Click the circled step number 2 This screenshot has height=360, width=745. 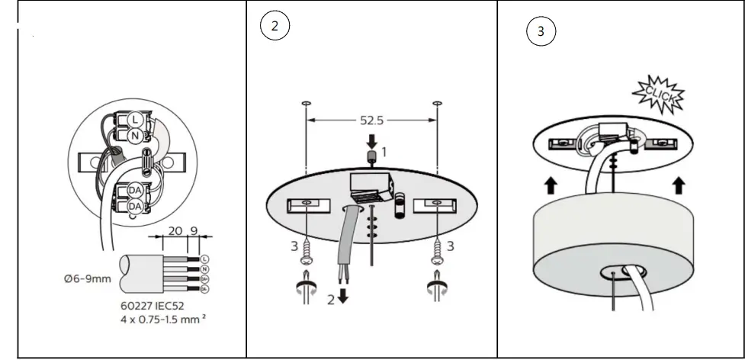275,26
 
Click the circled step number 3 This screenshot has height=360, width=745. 541,32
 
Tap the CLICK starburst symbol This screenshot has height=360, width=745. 658,93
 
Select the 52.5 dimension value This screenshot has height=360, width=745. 371,120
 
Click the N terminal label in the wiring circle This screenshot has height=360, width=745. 135,136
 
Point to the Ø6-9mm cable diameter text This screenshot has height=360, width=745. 88,278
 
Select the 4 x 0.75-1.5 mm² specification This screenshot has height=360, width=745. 162,319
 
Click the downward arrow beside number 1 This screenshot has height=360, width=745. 372,140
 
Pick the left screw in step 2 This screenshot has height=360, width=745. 307,250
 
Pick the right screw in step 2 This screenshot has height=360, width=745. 437,250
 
